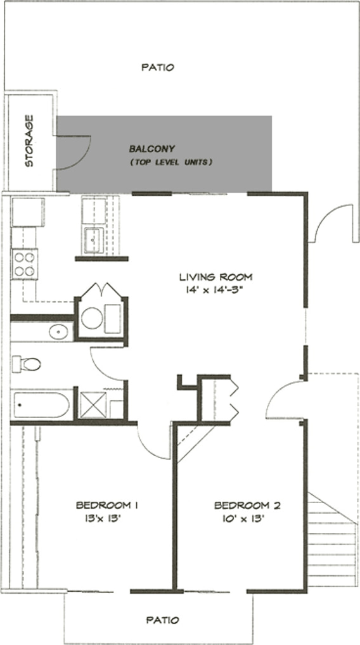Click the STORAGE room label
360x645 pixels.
pyautogui.click(x=30, y=141)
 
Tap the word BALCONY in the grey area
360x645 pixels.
pyautogui.click(x=152, y=148)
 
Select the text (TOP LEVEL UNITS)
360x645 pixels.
pyautogui.click(x=171, y=162)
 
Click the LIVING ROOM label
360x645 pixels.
pyautogui.click(x=216, y=277)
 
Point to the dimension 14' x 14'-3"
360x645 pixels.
pyautogui.click(x=216, y=290)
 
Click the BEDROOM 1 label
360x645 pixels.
pyautogui.click(x=106, y=505)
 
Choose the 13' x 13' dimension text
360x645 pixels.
pyautogui.click(x=103, y=518)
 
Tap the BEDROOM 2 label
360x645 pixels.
pyautogui.click(x=247, y=505)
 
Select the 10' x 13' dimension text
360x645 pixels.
pyautogui.click(x=244, y=519)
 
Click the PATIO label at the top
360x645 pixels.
pyautogui.click(x=158, y=67)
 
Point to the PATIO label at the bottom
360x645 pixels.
pyautogui.click(x=164, y=620)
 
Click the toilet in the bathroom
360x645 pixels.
pyautogui.click(x=27, y=364)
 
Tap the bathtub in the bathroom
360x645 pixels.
pyautogui.click(x=41, y=405)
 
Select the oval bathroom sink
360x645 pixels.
pyautogui.click(x=60, y=331)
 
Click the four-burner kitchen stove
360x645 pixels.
pyautogui.click(x=24, y=264)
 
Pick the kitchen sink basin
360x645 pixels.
pyautogui.click(x=94, y=240)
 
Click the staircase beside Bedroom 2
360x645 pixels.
pyautogui.click(x=332, y=540)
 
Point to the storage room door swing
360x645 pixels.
pyautogui.click(x=74, y=153)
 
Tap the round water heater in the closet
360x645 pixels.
pyautogui.click(x=92, y=317)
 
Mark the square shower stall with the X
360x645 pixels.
pyautogui.click(x=93, y=405)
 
